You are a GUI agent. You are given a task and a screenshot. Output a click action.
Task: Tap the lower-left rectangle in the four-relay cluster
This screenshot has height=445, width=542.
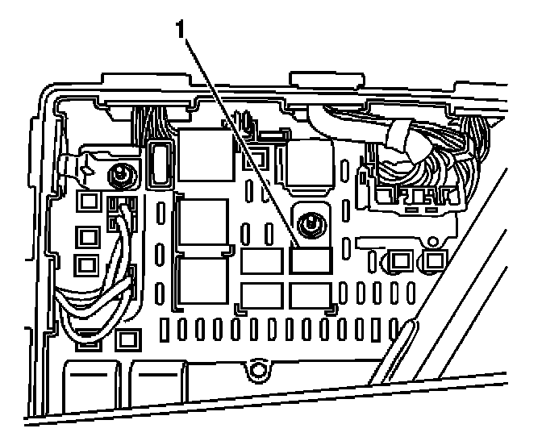[x=261, y=296]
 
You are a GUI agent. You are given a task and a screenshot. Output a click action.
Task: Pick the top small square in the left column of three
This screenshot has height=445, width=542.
[x=87, y=201]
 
